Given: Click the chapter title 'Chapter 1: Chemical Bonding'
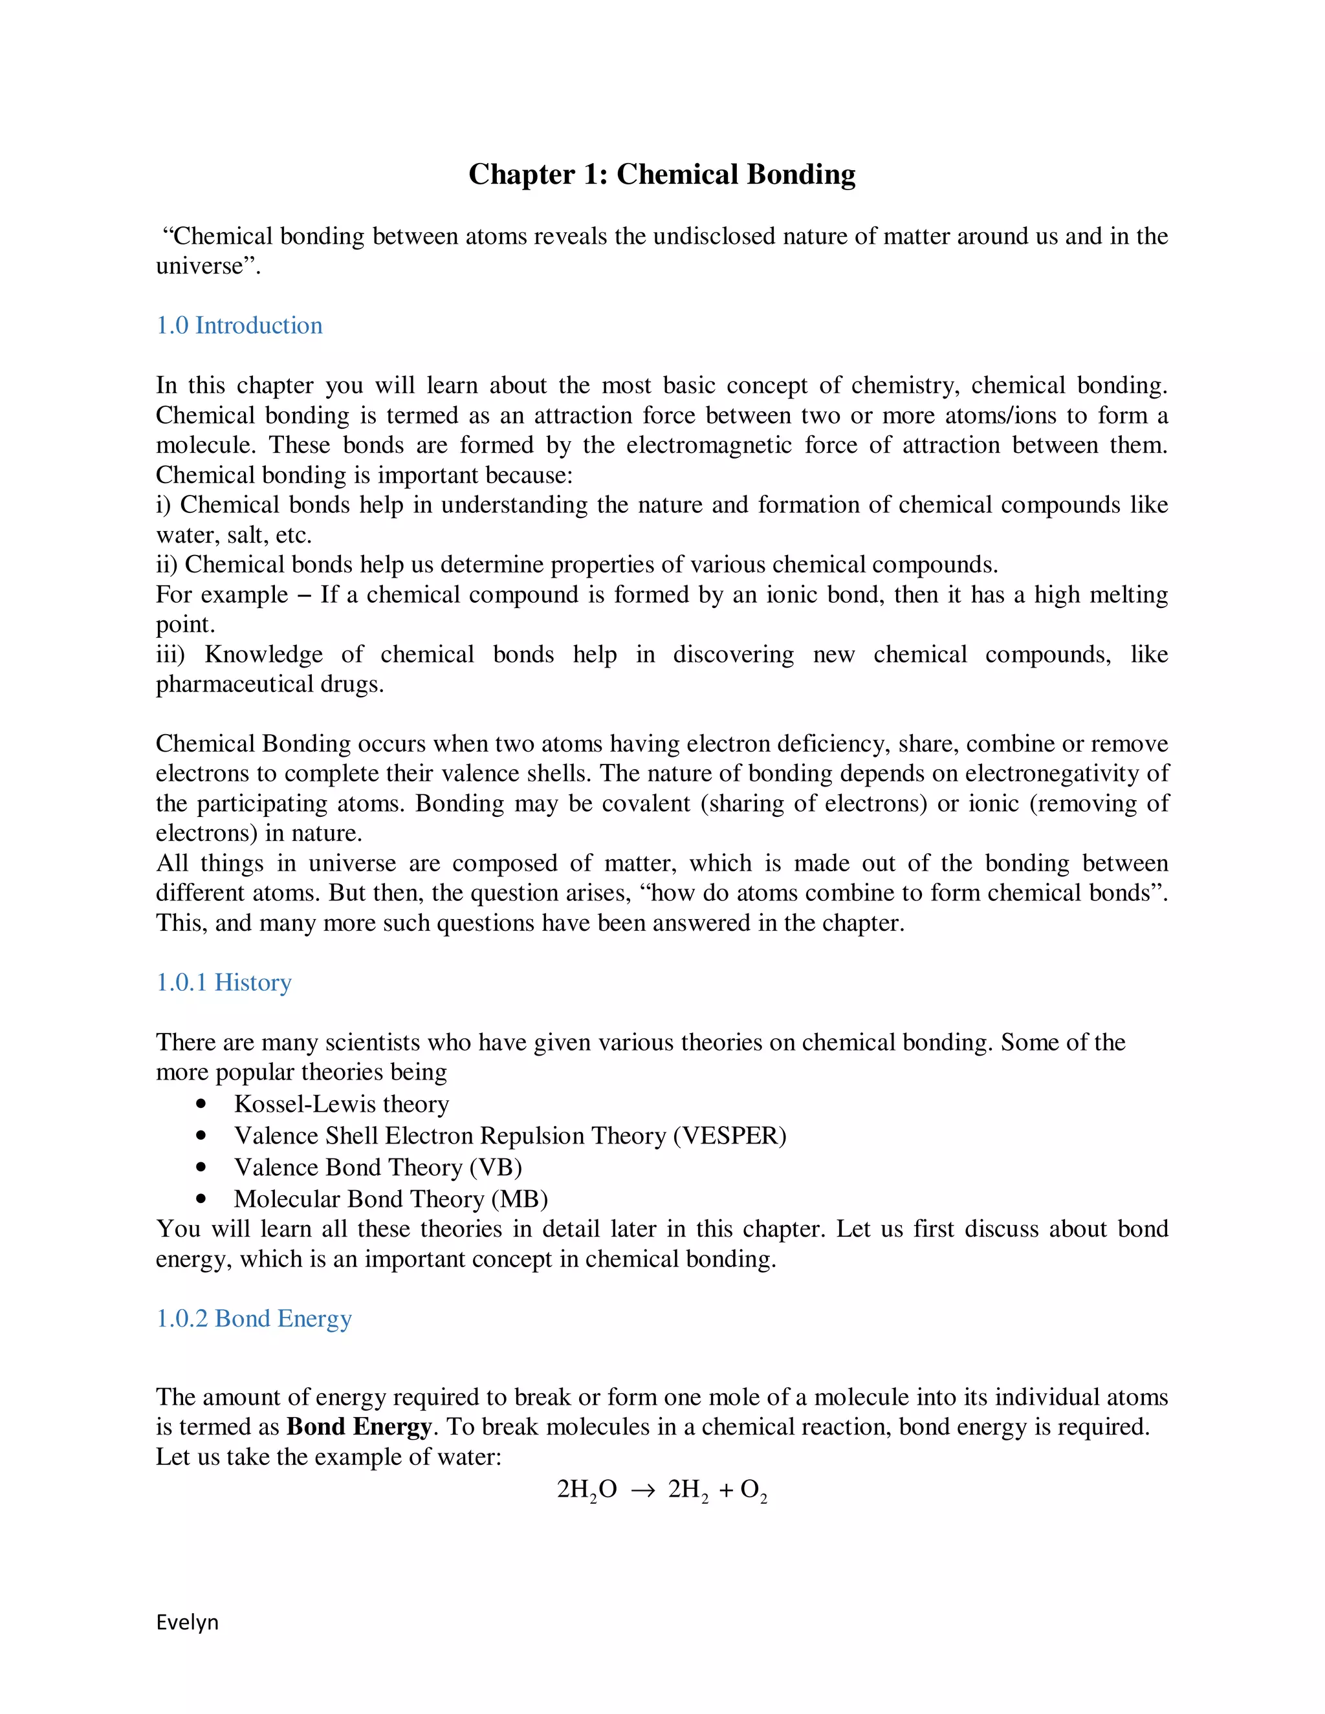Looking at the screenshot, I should pyautogui.click(x=662, y=174).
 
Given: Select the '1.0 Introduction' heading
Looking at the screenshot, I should pyautogui.click(x=239, y=326).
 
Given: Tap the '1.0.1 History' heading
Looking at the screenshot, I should pyautogui.click(x=224, y=982).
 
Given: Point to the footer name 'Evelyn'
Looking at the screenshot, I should pyautogui.click(x=187, y=1622).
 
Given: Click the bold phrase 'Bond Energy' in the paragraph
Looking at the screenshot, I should pyautogui.click(x=360, y=1427).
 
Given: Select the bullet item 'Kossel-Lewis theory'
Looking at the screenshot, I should pyautogui.click(x=342, y=1104).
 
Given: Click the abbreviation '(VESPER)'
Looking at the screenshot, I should pyautogui.click(x=730, y=1136).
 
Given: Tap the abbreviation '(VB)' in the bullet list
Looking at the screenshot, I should pyautogui.click(x=496, y=1167).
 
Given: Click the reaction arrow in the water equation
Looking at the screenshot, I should pyautogui.click(x=642, y=1490).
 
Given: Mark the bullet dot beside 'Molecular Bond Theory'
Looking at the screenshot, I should pyautogui.click(x=202, y=1199).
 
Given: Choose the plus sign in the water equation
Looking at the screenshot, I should pyautogui.click(x=726, y=1490).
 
